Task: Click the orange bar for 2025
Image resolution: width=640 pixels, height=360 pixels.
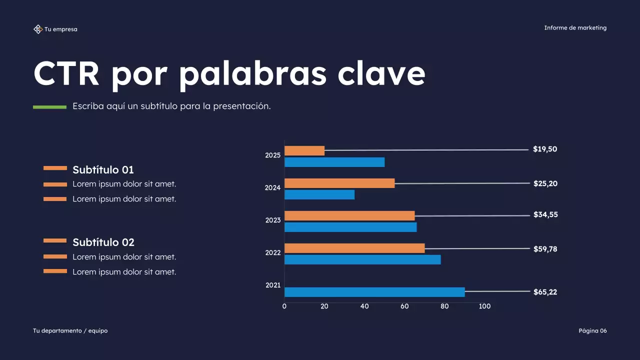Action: tap(304, 150)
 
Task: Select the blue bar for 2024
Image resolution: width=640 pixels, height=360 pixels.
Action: tap(319, 194)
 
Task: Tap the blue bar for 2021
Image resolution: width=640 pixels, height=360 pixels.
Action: tap(374, 292)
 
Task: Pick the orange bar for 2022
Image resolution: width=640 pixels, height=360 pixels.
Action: tap(354, 248)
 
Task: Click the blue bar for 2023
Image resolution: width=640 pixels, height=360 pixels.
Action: tap(350, 227)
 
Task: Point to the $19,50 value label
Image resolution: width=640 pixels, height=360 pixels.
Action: tap(545, 149)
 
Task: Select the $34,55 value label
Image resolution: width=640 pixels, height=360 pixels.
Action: tap(545, 215)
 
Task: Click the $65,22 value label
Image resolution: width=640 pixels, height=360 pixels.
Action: tap(545, 292)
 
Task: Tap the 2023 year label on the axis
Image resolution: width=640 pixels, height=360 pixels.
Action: tap(273, 220)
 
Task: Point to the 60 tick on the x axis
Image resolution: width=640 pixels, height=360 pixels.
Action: tap(404, 306)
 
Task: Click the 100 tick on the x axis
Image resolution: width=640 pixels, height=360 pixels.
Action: tap(484, 306)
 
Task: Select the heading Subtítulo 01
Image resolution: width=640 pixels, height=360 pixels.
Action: tap(103, 169)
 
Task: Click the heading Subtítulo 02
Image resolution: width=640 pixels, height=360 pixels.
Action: tap(103, 242)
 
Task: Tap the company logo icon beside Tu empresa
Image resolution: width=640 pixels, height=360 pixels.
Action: tap(37, 29)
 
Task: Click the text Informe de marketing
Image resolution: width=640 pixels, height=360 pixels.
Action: tap(575, 28)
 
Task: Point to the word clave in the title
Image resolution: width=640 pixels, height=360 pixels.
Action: tap(381, 73)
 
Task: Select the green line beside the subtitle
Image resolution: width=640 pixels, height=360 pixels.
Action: tap(49, 107)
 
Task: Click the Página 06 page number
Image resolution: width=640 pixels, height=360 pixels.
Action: tap(592, 330)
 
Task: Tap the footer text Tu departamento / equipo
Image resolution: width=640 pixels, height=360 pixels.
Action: tap(70, 330)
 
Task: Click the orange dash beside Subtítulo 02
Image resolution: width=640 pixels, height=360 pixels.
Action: tap(55, 240)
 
